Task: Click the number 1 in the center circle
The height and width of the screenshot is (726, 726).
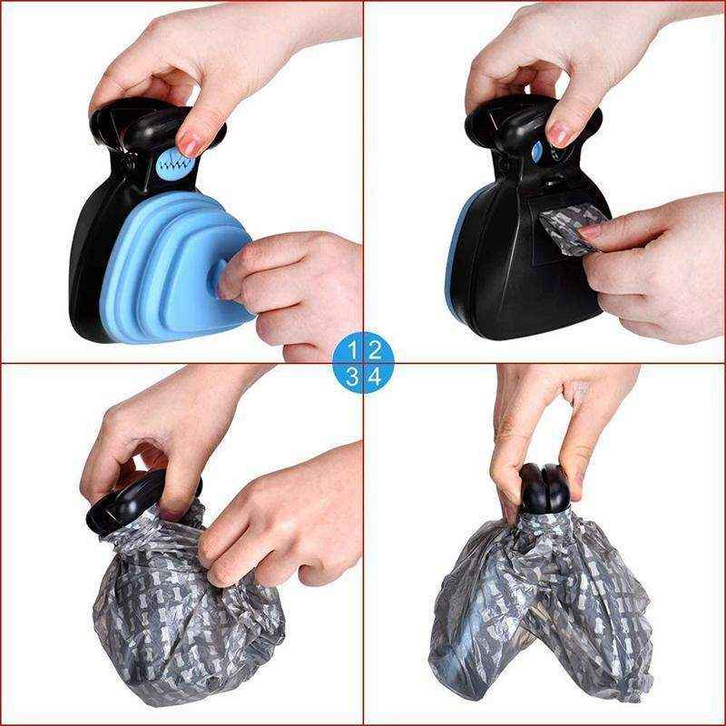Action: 353,348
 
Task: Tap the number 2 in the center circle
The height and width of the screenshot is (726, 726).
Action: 375,348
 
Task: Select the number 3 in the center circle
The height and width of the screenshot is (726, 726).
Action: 353,377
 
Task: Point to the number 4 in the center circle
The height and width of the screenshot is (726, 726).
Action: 375,377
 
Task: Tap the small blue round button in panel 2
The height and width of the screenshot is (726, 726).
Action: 537,152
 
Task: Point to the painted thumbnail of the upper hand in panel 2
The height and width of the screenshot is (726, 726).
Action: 561,133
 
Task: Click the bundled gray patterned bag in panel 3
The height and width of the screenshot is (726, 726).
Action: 181,617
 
